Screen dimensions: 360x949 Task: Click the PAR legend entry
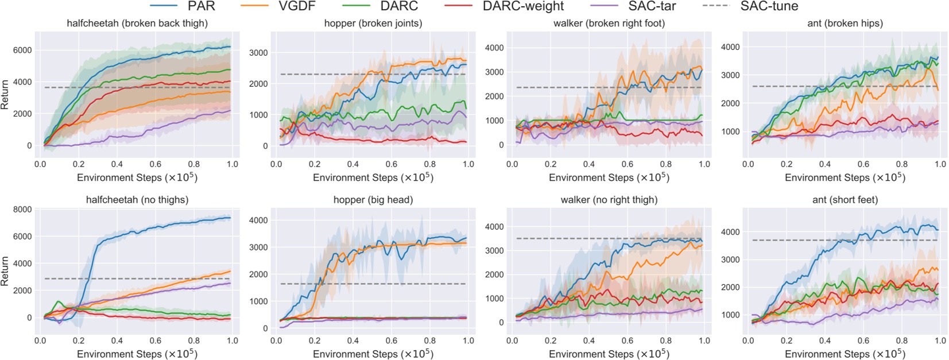tap(201, 6)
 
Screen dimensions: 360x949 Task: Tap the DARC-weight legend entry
tap(522, 6)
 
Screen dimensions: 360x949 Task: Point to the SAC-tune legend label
tap(769, 6)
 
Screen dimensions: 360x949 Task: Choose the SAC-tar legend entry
tap(652, 6)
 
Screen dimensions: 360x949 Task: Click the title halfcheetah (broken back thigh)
tap(137, 24)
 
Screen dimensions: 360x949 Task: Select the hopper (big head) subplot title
tap(373, 200)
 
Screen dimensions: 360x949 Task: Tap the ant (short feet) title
tap(845, 200)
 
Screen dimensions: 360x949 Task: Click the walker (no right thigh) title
tap(609, 200)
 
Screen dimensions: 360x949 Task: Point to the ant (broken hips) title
tap(845, 24)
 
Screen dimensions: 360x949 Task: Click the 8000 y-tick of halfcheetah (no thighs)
tap(22, 210)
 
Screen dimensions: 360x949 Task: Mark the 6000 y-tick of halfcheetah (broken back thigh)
tap(22, 51)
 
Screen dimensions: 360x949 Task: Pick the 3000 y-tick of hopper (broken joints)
tap(258, 53)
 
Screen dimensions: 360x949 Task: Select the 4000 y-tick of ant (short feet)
tap(730, 232)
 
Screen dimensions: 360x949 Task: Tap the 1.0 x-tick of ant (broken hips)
tap(940, 164)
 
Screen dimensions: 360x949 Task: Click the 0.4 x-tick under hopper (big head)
tap(353, 340)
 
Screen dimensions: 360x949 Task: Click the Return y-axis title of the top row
tap(5, 95)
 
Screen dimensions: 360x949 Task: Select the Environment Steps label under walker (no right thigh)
tap(609, 354)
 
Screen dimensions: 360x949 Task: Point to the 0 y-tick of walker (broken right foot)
tap(501, 145)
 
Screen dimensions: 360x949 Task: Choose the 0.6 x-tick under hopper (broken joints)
tap(392, 164)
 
